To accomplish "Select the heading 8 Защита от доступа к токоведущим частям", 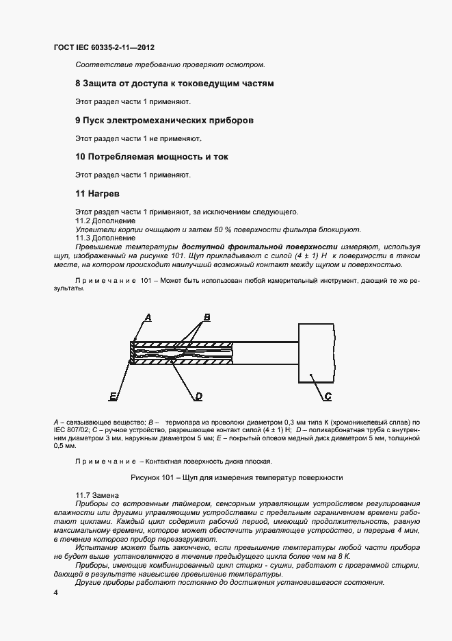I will click(x=174, y=84).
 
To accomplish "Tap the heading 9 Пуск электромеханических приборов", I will click(x=164, y=120).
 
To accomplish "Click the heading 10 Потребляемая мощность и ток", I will click(x=152, y=157).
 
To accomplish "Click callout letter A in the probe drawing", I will click(x=147, y=316).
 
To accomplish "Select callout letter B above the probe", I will click(x=206, y=317).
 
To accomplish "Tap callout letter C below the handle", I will click(x=328, y=396).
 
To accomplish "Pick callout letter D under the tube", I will click(x=198, y=396).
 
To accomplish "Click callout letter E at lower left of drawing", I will click(x=113, y=396).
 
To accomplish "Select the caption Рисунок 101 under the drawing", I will click(x=236, y=477).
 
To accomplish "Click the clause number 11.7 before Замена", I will click(x=83, y=494).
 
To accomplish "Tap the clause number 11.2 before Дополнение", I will click(x=83, y=221).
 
